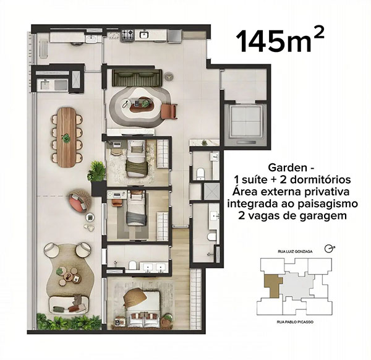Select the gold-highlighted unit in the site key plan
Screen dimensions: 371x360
pos(273,285)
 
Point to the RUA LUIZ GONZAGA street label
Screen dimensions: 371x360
pos(292,251)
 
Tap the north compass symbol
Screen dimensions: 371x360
pos(328,248)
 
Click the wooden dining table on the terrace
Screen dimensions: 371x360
pos(67,137)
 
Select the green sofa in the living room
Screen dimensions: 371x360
pos(137,79)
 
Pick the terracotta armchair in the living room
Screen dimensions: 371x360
pos(169,111)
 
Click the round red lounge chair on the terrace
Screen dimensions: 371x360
pos(79,200)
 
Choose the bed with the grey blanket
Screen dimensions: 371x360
pos(136,210)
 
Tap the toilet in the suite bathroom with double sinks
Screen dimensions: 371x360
pos(132,265)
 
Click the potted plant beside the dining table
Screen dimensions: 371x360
pos(96,170)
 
